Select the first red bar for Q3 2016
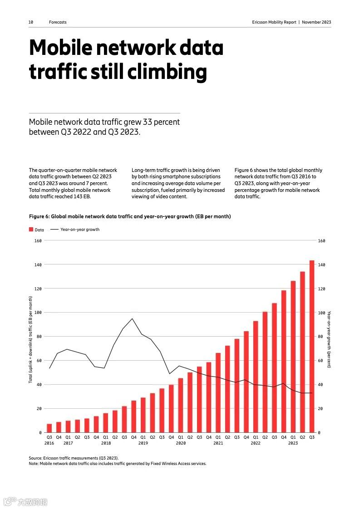pyautogui.click(x=49, y=428)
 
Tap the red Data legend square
pyautogui.click(x=31, y=230)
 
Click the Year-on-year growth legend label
pyautogui.click(x=80, y=230)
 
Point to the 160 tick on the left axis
pyautogui.click(x=38, y=241)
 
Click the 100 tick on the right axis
pyautogui.click(x=321, y=313)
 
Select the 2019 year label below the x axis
pyautogui.click(x=143, y=443)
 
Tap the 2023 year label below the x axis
pyautogui.click(x=293, y=443)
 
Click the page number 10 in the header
pyautogui.click(x=30, y=22)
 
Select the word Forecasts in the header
pyautogui.click(x=58, y=22)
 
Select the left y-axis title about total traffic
pyautogui.click(x=30, y=339)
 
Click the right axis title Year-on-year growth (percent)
pyautogui.click(x=329, y=339)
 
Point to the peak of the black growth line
pyautogui.click(x=133, y=318)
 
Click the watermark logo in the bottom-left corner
pyautogui.click(x=10, y=502)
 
